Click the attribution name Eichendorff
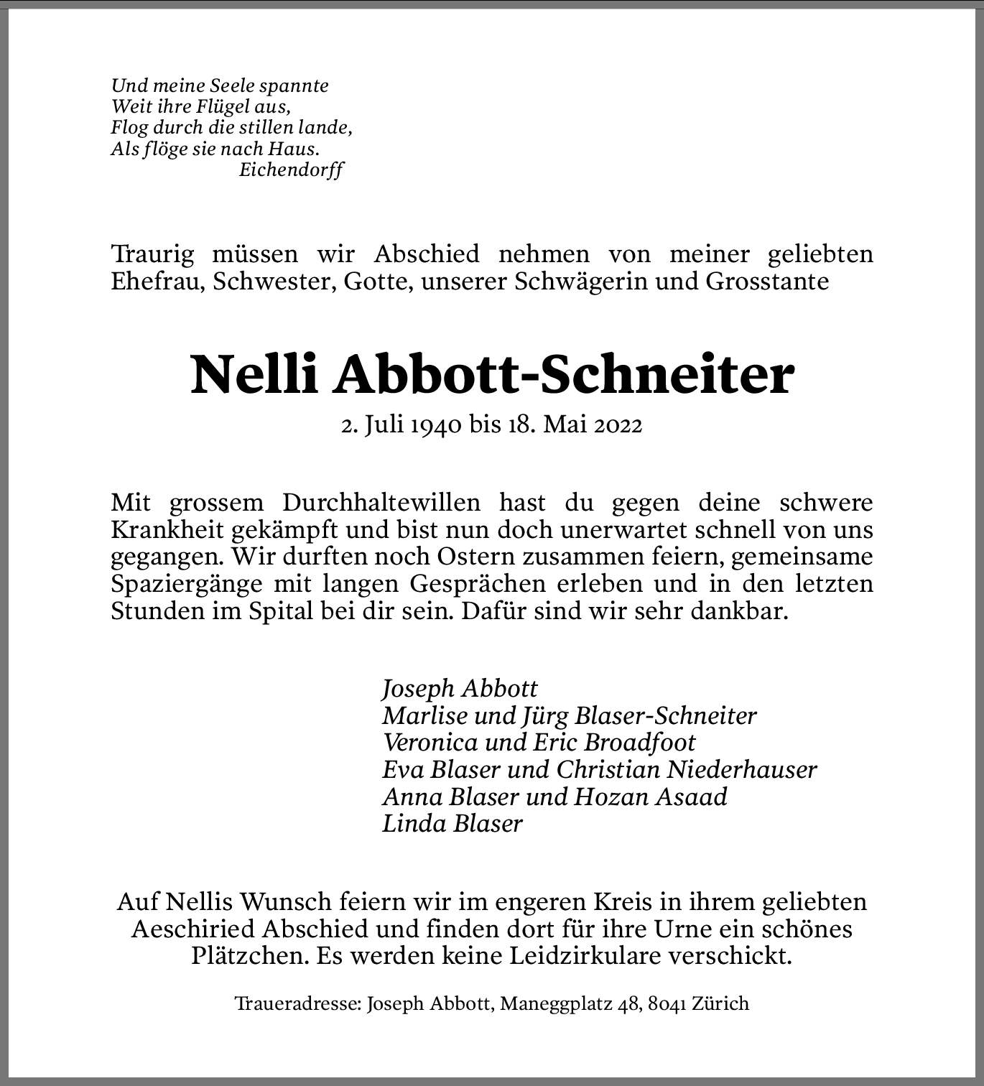[291, 170]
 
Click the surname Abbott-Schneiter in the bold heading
[563, 375]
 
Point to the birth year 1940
[435, 425]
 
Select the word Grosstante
[767, 281]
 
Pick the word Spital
[272, 611]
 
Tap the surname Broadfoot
[641, 742]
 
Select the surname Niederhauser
[742, 769]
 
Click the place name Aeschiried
[194, 929]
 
